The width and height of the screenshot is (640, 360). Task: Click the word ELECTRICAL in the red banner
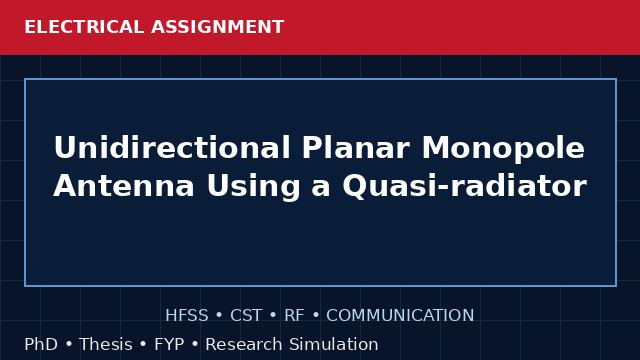pyautogui.click(x=84, y=27)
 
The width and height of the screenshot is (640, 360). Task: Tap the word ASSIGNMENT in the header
pyautogui.click(x=217, y=27)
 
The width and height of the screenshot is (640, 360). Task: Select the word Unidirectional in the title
pyautogui.click(x=172, y=147)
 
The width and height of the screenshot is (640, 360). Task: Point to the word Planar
pyautogui.click(x=356, y=147)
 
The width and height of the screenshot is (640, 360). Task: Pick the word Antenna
pyautogui.click(x=124, y=186)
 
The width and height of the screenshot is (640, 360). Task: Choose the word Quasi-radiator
pyautogui.click(x=464, y=187)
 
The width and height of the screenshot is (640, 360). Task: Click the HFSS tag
pyautogui.click(x=187, y=316)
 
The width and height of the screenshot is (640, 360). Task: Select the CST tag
pyautogui.click(x=246, y=316)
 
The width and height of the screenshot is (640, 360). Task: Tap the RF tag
pyautogui.click(x=294, y=316)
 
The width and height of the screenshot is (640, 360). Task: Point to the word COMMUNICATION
pyautogui.click(x=400, y=316)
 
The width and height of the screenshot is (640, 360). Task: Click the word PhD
pyautogui.click(x=41, y=344)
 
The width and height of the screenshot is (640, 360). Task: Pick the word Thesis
pyautogui.click(x=106, y=344)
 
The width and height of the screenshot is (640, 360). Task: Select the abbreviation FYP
pyautogui.click(x=169, y=344)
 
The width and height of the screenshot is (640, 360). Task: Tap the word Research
pyautogui.click(x=243, y=344)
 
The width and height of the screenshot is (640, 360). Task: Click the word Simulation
pyautogui.click(x=333, y=344)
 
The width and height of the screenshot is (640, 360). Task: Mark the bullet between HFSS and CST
pyautogui.click(x=219, y=316)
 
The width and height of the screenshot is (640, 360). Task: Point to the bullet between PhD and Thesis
pyautogui.click(x=69, y=344)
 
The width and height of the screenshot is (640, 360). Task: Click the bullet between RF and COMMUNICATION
pyautogui.click(x=316, y=316)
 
